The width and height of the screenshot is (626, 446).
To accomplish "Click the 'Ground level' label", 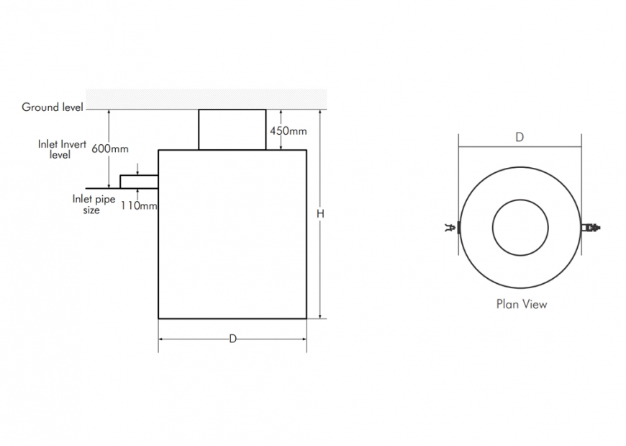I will (x=52, y=107).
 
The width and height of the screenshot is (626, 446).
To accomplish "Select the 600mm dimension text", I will (x=110, y=149).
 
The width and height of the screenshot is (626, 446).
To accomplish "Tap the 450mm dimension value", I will (x=288, y=131).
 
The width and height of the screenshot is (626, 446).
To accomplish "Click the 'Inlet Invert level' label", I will (x=62, y=149).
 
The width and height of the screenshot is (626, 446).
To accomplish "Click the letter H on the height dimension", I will (x=321, y=213).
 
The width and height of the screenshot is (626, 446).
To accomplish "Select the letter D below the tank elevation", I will (x=232, y=339).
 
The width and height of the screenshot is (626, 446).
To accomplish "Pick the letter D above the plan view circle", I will (x=519, y=137).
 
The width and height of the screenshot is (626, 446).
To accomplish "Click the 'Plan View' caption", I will (x=522, y=304).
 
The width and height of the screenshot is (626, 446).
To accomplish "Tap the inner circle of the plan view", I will (x=520, y=228).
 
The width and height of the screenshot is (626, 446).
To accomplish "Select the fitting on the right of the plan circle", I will (x=590, y=228).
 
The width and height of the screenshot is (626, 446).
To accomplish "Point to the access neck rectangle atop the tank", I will (x=232, y=130).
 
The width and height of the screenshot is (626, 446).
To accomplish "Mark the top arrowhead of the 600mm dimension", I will (x=109, y=112).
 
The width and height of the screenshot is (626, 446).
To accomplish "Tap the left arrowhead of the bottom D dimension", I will (x=161, y=339).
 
